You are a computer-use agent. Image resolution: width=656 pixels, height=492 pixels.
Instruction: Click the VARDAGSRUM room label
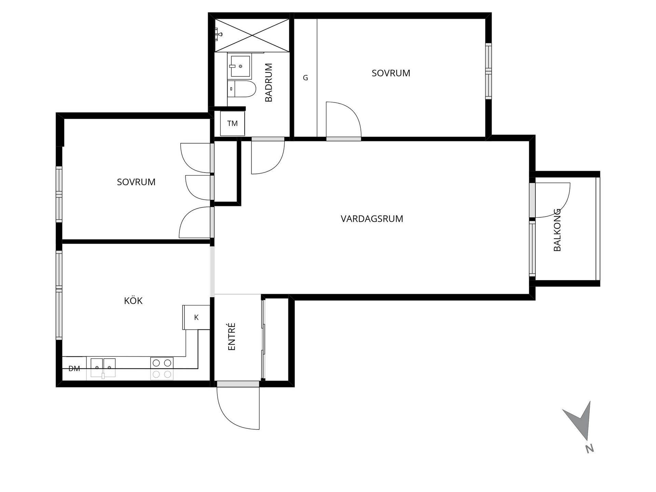click(x=372, y=219)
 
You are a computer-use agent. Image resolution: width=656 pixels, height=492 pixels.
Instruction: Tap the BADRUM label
click(x=269, y=82)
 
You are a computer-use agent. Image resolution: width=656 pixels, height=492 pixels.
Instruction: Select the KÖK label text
click(x=133, y=301)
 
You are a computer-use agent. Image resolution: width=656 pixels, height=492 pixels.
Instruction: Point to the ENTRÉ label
click(x=232, y=337)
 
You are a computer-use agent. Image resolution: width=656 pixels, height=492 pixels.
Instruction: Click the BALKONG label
click(x=557, y=230)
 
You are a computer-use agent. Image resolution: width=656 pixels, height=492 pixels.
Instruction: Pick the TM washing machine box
click(x=232, y=123)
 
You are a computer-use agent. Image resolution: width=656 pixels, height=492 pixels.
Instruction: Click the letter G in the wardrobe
click(x=305, y=78)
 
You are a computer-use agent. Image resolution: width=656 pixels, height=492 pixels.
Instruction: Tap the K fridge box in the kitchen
click(x=196, y=317)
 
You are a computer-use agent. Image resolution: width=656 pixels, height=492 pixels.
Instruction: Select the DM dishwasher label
click(x=74, y=368)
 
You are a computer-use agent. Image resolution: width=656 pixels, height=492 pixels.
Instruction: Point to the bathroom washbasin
click(x=240, y=66)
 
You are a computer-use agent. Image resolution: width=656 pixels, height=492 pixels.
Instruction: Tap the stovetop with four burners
click(x=162, y=368)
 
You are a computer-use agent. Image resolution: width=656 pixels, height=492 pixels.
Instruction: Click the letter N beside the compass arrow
click(x=589, y=449)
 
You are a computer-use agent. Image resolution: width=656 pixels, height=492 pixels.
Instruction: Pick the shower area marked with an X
click(x=252, y=35)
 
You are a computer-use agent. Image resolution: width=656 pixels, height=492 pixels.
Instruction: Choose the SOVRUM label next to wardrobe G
click(x=391, y=73)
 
